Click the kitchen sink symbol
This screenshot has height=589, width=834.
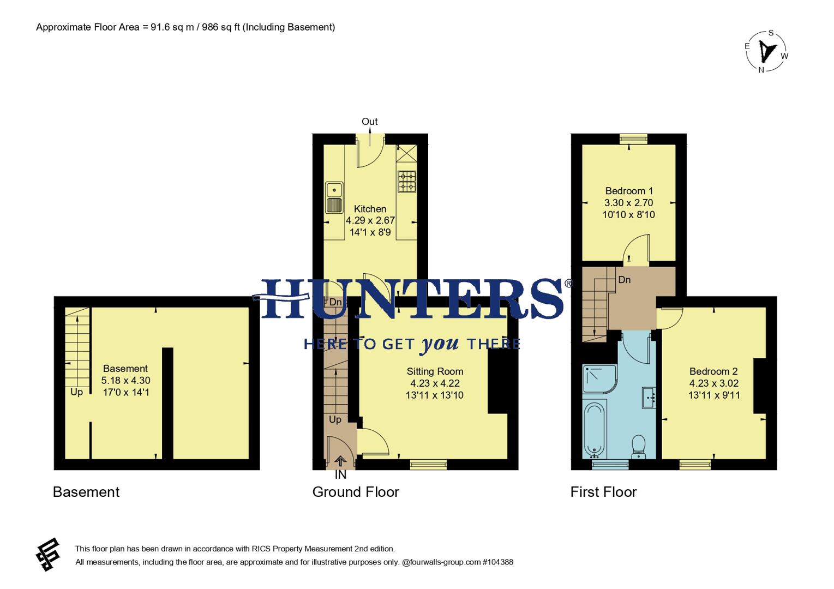334,197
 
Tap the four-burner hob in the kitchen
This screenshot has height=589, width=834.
406,182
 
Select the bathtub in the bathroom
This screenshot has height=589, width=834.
594,430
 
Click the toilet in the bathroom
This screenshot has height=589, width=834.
638,446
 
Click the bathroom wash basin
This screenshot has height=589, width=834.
649,398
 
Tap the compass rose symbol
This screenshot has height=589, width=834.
766,51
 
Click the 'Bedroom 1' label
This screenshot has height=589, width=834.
629,191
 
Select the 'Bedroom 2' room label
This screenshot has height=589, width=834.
713,371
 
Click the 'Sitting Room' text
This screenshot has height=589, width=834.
435,371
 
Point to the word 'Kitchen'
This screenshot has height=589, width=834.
370,209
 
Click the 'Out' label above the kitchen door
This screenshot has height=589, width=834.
369,122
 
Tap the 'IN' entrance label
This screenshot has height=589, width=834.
340,475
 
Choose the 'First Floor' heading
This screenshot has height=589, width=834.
603,492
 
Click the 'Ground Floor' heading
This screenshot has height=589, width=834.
356,492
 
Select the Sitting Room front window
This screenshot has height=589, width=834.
428,464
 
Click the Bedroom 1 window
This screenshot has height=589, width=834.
633,139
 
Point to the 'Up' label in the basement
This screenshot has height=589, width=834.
76,392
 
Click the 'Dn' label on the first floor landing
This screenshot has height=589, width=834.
624,280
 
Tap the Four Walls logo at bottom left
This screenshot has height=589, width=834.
48,555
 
